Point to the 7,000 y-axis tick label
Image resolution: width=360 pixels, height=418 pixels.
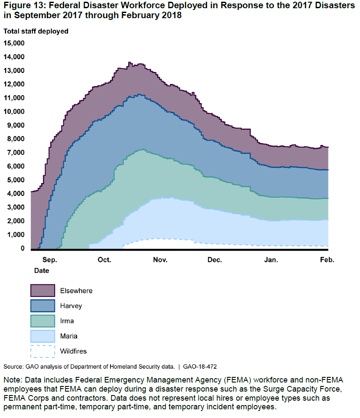coord(16,152)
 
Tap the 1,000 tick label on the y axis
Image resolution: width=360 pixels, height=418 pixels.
coord(16,235)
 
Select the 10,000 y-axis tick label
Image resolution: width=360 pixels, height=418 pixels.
coord(14,111)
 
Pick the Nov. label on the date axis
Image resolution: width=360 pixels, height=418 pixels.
coord(160,260)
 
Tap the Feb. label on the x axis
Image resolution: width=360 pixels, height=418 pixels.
coord(327,260)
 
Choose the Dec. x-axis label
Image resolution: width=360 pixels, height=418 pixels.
coord(214,260)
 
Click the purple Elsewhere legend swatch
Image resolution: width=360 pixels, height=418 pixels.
coord(42,291)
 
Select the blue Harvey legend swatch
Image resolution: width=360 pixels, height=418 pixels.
coord(42,306)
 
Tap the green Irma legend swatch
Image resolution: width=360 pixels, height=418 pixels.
coord(42,321)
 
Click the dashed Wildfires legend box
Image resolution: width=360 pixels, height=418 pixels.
coord(42,351)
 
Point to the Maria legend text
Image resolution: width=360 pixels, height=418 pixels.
coord(69,336)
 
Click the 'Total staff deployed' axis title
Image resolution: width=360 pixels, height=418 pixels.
coord(36,31)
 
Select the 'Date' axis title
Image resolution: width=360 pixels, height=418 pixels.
coord(42,270)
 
